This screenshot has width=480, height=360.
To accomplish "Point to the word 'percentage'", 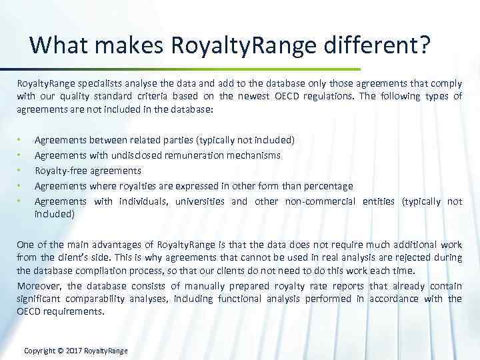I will (x=325, y=186).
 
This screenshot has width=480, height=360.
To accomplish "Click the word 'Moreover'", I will (x=37, y=285).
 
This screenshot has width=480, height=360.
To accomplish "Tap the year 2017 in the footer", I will (x=81, y=351).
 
